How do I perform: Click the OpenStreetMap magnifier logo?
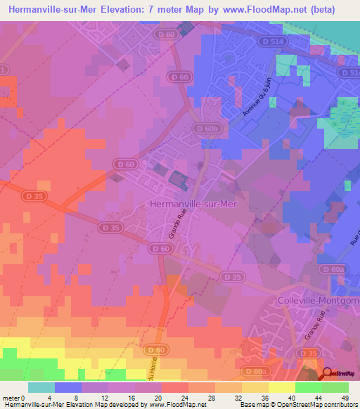tap(328, 374)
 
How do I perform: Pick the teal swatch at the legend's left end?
tap(41, 388)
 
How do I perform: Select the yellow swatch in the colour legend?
tap(281, 388)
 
